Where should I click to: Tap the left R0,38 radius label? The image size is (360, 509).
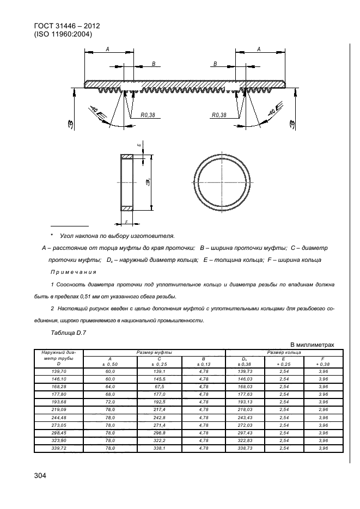point(148,115)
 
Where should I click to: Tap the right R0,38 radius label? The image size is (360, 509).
point(218,115)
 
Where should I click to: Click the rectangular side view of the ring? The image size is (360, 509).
point(126,183)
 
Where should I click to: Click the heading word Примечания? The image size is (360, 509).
point(73,272)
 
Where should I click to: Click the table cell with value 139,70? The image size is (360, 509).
point(58,371)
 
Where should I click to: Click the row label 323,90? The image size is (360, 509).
point(58,440)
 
